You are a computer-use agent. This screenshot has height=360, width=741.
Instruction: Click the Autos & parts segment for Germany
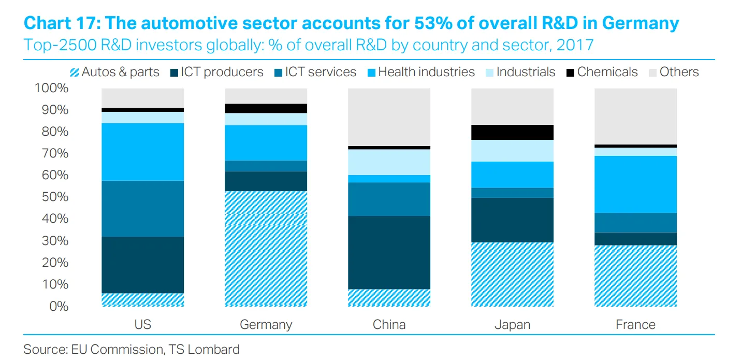(x=266, y=249)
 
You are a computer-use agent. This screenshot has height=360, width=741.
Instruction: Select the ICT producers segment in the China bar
(x=389, y=252)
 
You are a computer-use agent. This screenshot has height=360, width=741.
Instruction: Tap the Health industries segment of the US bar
(x=143, y=152)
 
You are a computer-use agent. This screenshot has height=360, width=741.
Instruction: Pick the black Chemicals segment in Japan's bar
(x=512, y=133)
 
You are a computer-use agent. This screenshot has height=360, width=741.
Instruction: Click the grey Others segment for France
(x=635, y=117)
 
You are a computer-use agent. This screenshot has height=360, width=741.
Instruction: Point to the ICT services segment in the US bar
(x=143, y=209)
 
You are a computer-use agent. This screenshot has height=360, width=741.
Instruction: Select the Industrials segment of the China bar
(x=389, y=162)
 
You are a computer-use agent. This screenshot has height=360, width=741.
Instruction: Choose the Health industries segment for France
(x=635, y=184)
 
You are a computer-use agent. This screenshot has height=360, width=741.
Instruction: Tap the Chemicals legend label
(x=607, y=72)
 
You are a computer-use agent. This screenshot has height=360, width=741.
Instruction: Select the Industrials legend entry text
(x=526, y=72)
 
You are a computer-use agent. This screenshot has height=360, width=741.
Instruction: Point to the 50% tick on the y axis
(x=51, y=197)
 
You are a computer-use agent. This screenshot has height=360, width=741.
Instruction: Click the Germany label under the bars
(x=266, y=325)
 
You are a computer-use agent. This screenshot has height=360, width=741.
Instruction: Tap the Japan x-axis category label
(x=512, y=325)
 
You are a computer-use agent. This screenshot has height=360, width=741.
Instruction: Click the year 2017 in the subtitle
(x=574, y=45)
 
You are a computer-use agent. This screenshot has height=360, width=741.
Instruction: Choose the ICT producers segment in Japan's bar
(x=512, y=220)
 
